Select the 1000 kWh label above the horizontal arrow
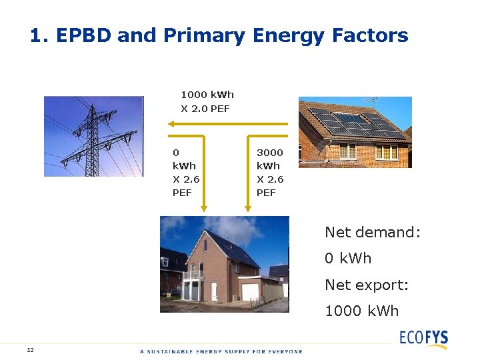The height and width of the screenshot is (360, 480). [x=207, y=95]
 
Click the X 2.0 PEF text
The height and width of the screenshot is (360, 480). [x=205, y=108]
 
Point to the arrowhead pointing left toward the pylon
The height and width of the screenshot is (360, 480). [x=171, y=124]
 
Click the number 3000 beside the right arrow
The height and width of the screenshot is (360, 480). [x=270, y=152]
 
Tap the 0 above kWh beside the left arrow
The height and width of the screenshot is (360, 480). [x=176, y=152]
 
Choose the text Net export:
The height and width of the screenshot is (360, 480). [x=366, y=285]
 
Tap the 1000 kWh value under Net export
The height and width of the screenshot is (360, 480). [x=361, y=311]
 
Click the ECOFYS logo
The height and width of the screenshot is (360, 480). [x=423, y=337]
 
